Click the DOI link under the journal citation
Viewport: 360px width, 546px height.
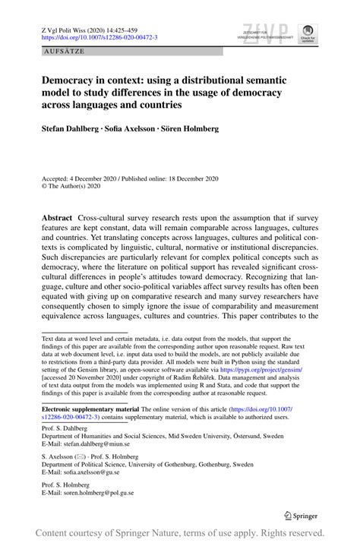(99, 36)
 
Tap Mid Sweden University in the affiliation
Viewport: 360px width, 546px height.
(201, 437)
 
